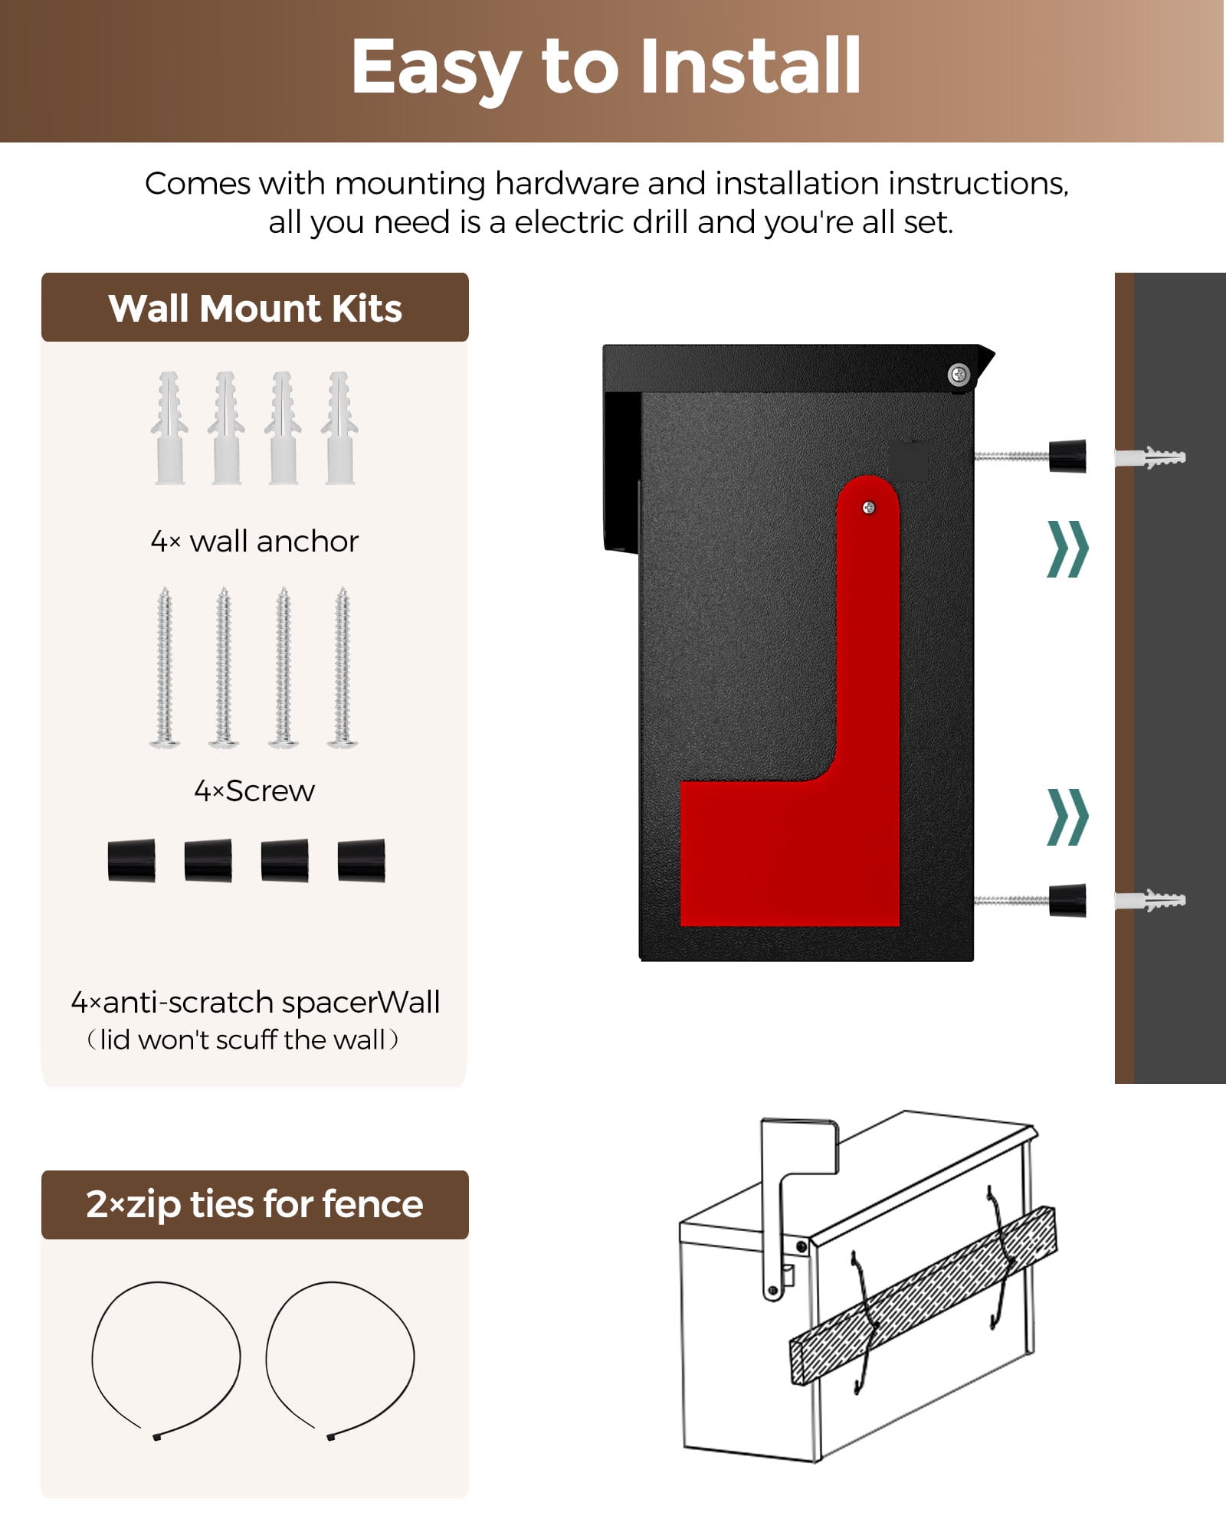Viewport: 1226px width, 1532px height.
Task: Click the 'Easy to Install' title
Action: click(606, 68)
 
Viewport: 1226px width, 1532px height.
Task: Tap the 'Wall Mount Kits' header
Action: click(255, 309)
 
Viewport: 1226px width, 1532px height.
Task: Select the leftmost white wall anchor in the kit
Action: click(169, 428)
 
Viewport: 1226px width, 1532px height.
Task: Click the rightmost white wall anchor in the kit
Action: click(339, 428)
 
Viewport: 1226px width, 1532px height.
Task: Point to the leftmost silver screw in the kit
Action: click(165, 667)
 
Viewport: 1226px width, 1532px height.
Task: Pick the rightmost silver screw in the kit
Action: click(343, 667)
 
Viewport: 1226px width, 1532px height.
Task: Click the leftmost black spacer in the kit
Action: click(132, 860)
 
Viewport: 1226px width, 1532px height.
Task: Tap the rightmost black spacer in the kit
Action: click(362, 860)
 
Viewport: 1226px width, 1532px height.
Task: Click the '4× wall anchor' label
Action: click(254, 542)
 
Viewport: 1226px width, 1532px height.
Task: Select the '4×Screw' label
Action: click(254, 791)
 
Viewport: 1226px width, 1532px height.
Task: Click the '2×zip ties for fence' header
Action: click(254, 1204)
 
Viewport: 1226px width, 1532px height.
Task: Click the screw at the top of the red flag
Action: click(869, 507)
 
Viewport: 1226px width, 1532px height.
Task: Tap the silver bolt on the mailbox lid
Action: click(959, 375)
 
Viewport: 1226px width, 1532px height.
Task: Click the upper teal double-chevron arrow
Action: click(1067, 548)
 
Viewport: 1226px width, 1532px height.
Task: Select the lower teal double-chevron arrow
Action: click(1067, 817)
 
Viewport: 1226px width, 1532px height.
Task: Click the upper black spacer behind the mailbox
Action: click(1067, 456)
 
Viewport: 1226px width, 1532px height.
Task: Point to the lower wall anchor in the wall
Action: click(1150, 900)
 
